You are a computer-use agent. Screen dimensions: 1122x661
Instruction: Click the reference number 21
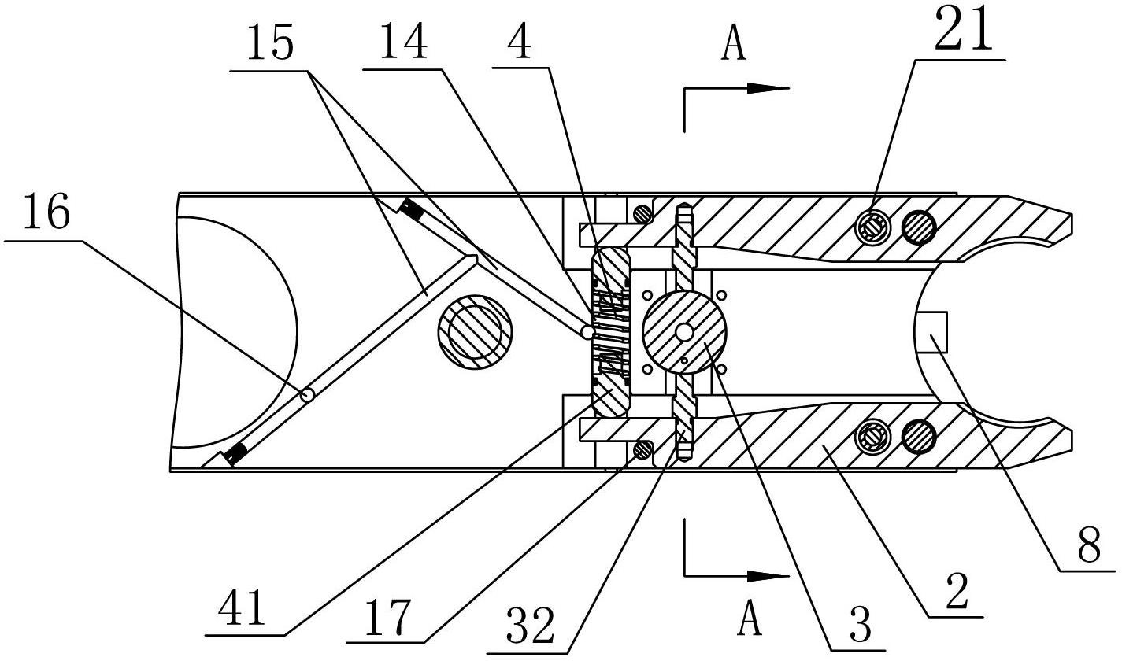pos(963,30)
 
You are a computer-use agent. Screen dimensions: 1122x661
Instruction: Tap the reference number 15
pos(270,43)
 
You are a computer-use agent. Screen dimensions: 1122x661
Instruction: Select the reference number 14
pos(404,42)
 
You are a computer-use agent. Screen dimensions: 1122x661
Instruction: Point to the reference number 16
pos(46,212)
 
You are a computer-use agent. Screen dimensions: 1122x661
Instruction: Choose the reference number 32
pos(531,625)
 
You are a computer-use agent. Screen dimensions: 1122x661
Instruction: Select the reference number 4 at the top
pos(520,42)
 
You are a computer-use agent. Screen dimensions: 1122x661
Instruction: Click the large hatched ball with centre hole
pos(683,331)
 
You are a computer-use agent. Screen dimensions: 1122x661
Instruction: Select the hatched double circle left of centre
pos(475,332)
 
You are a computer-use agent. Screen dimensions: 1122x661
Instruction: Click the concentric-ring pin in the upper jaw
pos(873,228)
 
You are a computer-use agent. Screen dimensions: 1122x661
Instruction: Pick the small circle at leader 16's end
pos(307,395)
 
